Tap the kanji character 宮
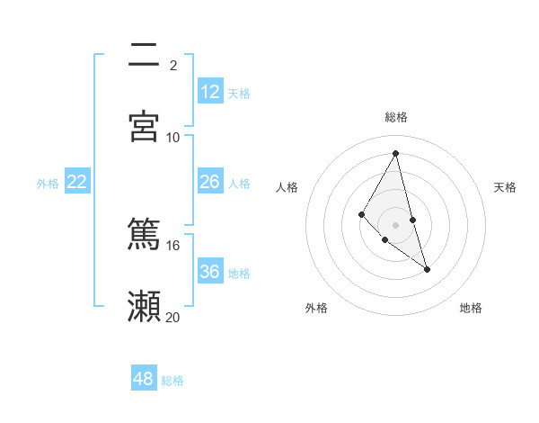(x=144, y=126)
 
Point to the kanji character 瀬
(x=144, y=306)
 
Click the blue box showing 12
(x=210, y=92)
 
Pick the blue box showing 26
(x=210, y=182)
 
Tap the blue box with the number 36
(x=210, y=272)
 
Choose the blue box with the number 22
(x=77, y=182)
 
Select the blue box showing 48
(x=144, y=379)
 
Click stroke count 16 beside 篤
(x=173, y=245)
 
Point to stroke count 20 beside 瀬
(x=173, y=317)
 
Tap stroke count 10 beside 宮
(x=173, y=137)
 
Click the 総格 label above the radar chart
(x=396, y=117)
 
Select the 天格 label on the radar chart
(x=505, y=187)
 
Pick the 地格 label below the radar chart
(x=471, y=308)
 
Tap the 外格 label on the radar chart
(x=316, y=308)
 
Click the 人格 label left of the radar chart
(x=287, y=187)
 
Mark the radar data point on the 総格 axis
(x=396, y=153)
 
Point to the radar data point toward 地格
(x=428, y=269)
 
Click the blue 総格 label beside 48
(x=172, y=381)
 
